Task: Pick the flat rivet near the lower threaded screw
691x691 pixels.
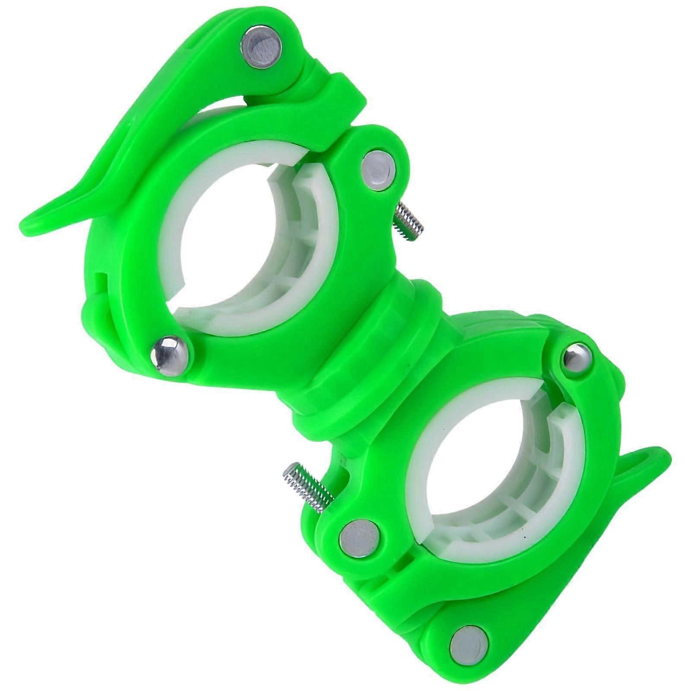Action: pos(356,539)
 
